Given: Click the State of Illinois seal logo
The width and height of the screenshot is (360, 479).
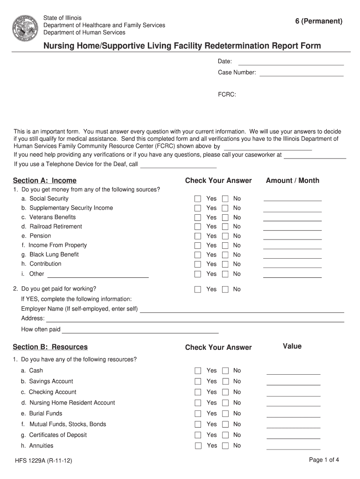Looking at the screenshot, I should coord(24,25).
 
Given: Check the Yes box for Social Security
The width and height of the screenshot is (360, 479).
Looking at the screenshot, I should coord(198,199).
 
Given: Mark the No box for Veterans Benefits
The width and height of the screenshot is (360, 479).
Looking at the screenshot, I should coord(225,218).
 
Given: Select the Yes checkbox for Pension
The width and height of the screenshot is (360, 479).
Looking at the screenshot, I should coord(198,236).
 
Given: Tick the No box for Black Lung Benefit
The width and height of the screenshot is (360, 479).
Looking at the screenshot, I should coord(225,255).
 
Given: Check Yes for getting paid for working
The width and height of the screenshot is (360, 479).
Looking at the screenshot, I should coord(198,290).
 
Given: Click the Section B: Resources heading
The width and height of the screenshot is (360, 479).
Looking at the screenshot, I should coord(50,347).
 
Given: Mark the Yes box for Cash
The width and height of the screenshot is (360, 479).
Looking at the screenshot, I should coord(198,371).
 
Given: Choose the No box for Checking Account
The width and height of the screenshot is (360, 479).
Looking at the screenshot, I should coord(225,392).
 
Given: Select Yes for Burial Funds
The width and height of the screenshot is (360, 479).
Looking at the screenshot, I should coord(198,414).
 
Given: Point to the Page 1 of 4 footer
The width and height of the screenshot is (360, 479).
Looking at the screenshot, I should coord(324,460).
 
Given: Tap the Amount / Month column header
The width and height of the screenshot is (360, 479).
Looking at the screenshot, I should coord(292,181).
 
